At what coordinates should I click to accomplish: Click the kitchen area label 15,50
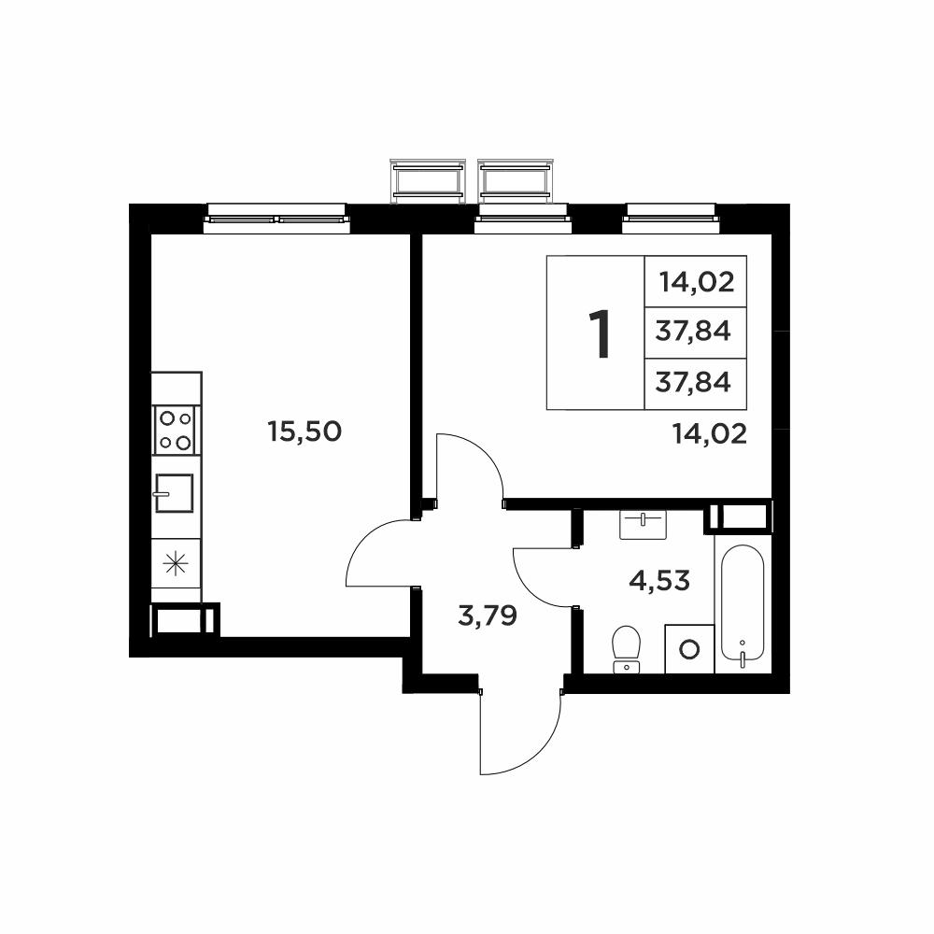click(304, 432)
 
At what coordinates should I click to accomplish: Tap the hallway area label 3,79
click(488, 616)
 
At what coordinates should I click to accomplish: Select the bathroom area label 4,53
click(659, 580)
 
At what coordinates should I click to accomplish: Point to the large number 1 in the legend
click(600, 334)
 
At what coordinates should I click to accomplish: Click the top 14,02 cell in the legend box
click(697, 282)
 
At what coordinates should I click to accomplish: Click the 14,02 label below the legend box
click(710, 434)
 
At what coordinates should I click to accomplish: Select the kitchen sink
click(174, 492)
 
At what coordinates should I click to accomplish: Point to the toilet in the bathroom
click(626, 649)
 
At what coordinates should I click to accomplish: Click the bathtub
click(743, 603)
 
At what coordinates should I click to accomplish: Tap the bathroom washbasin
click(643, 525)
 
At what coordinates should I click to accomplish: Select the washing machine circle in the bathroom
click(689, 649)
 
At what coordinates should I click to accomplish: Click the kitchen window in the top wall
click(276, 219)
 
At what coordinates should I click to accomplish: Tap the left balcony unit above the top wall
click(429, 181)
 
